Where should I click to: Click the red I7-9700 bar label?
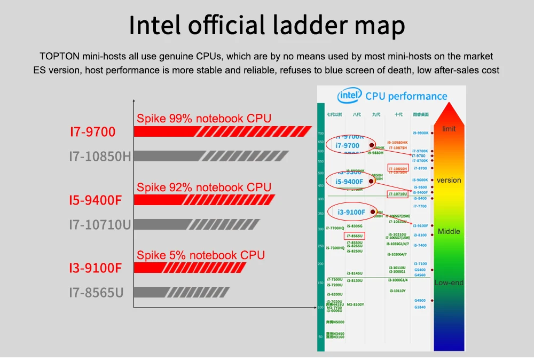[x=92, y=131]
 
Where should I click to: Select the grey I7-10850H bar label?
[x=100, y=156]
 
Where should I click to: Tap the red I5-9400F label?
[x=96, y=200]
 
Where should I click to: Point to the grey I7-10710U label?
[x=100, y=224]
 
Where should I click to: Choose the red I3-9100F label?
[x=96, y=268]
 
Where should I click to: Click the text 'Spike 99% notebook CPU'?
[x=204, y=118]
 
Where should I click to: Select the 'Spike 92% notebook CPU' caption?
[x=204, y=187]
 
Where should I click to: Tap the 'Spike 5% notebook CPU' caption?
[x=201, y=255]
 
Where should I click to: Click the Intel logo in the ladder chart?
[x=350, y=96]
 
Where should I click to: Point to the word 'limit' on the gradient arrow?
[x=449, y=129]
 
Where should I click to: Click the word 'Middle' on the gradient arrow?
[x=449, y=231]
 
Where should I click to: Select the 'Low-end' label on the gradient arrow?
[x=449, y=283]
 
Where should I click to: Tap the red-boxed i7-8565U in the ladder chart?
[x=355, y=236]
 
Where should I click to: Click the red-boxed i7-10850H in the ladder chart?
[x=398, y=168]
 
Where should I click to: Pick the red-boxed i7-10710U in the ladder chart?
[x=398, y=194]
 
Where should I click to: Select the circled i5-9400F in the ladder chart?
[x=349, y=182]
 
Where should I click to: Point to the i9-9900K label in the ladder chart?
[x=420, y=132]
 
